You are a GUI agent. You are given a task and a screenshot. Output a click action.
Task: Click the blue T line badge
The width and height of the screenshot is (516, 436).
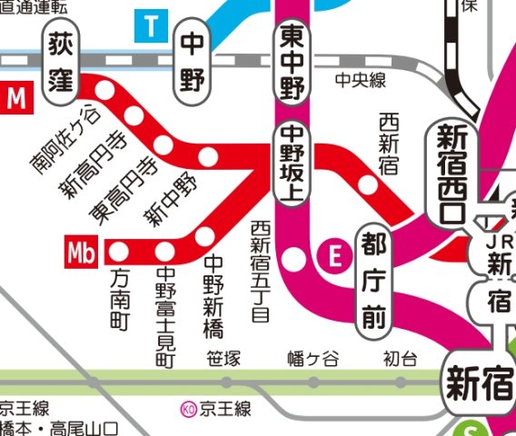pyautogui.click(x=152, y=26)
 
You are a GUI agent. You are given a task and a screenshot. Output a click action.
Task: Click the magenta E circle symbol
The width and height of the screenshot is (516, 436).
pyautogui.click(x=333, y=258)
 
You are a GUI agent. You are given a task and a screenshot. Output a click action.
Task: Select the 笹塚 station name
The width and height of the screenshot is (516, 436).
pyautogui.click(x=223, y=359)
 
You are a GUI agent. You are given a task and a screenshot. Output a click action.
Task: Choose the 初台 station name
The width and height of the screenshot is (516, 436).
pyautogui.click(x=398, y=359)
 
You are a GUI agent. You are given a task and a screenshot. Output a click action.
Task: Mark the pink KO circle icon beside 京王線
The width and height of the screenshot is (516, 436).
pyautogui.click(x=188, y=410)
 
